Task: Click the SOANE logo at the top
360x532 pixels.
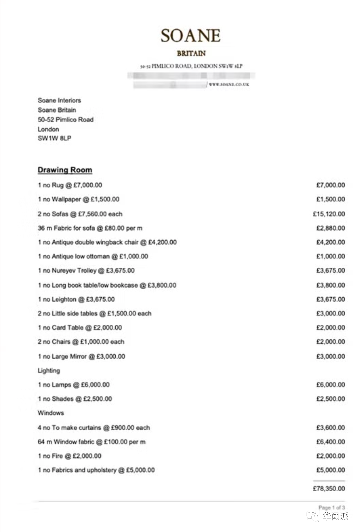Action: (190, 35)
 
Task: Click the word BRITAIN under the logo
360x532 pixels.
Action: (191, 53)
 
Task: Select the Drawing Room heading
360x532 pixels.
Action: (65, 170)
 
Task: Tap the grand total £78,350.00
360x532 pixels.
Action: (329, 489)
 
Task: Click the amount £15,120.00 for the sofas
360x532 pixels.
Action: (329, 214)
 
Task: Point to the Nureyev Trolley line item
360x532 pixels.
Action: (86, 271)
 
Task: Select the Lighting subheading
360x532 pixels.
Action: (49, 371)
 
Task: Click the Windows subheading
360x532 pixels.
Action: (51, 413)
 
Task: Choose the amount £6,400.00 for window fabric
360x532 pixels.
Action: (330, 442)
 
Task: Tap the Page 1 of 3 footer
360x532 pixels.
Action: (332, 508)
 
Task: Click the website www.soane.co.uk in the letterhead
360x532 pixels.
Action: (229, 84)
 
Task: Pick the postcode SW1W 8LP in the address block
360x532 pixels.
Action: (55, 138)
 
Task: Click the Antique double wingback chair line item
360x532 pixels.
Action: (107, 242)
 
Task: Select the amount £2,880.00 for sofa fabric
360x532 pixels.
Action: (330, 228)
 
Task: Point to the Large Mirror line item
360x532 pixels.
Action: (81, 356)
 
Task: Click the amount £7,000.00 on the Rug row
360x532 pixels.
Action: (330, 185)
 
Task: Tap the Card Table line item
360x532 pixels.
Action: (80, 328)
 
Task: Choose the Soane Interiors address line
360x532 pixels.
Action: (59, 100)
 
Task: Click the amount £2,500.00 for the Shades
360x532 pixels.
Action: (330, 399)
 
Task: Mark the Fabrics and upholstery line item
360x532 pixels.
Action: (96, 470)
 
